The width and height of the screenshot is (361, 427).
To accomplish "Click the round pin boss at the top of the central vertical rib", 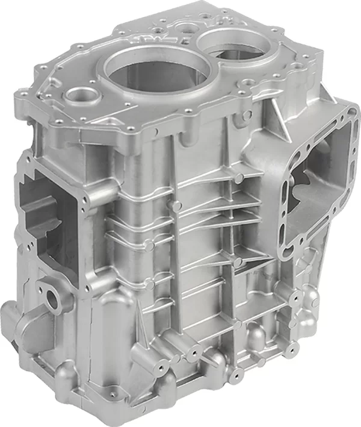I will tap(177, 205).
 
